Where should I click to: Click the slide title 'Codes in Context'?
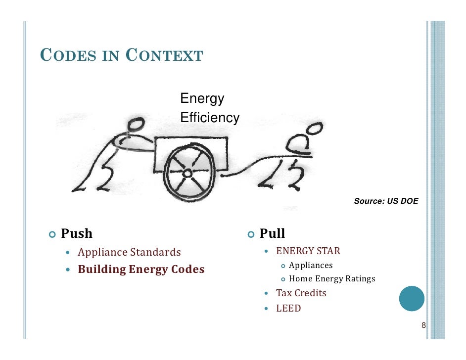coord(121,55)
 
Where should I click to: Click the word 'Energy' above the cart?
coord(202,98)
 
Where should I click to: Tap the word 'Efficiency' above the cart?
coord(210,118)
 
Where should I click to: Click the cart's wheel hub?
coord(187,173)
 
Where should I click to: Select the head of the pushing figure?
coord(135,124)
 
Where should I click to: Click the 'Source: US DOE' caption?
coord(386,201)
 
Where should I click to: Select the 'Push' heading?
coord(77,233)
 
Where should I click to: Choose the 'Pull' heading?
coord(272,233)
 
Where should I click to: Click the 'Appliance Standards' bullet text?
coord(129,252)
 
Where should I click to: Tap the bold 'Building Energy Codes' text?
coord(141,270)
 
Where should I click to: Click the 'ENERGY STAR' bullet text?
coord(308,251)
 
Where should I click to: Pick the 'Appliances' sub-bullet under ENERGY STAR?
coord(311,266)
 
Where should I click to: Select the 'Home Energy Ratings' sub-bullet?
coord(332,279)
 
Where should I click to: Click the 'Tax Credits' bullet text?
coord(301,293)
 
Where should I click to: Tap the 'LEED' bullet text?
coord(288,309)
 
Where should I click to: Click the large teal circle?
coord(412,298)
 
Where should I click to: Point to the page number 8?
coord(423,325)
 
